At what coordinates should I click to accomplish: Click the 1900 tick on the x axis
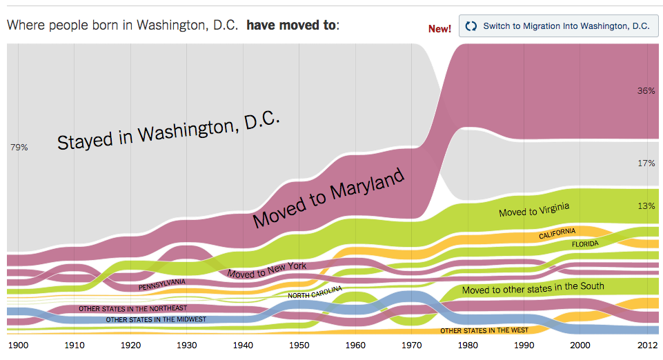click(x=17, y=344)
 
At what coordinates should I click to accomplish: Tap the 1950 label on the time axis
click(x=299, y=344)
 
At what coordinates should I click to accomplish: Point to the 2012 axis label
click(x=646, y=344)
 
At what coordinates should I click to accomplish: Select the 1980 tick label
click(x=468, y=344)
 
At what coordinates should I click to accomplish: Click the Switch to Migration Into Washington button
click(x=558, y=26)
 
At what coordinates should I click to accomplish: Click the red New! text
click(x=439, y=28)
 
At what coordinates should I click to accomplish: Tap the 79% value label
click(x=19, y=148)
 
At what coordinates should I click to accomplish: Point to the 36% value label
click(x=646, y=90)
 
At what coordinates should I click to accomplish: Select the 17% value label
click(x=646, y=163)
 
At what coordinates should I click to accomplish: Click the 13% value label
click(x=646, y=206)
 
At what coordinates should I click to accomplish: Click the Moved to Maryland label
click(x=328, y=199)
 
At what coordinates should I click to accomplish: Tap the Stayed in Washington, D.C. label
click(x=168, y=130)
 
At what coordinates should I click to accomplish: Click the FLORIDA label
click(x=585, y=243)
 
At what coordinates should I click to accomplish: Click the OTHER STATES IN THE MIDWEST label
click(x=156, y=319)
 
